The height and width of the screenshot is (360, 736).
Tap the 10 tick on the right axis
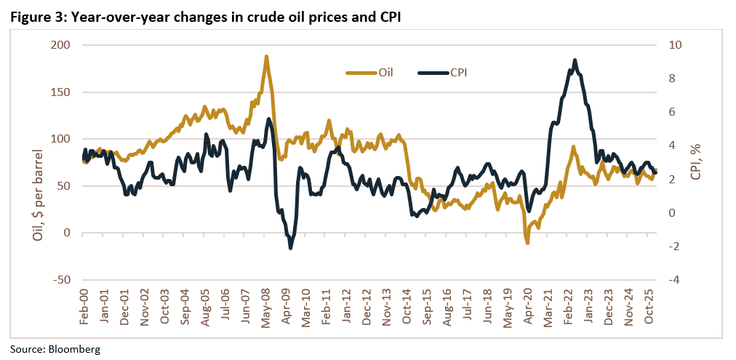(676, 45)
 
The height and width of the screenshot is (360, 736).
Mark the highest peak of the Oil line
(266, 56)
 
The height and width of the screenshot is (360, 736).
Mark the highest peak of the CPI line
(575, 60)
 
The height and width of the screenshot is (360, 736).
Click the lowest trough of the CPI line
(291, 249)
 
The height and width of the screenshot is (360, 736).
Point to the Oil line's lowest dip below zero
(527, 242)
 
